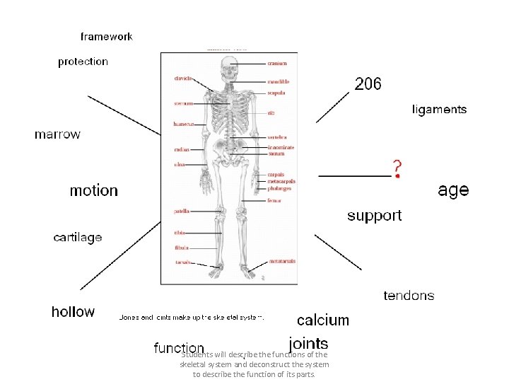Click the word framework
(106, 36)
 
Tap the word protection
(83, 62)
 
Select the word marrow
(57, 134)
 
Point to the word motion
(93, 190)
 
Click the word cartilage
(78, 238)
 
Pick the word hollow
(73, 312)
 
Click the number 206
(368, 84)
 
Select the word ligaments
(439, 110)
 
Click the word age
(453, 190)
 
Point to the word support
(374, 216)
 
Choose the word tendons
(409, 296)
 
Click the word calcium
(323, 320)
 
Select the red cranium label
(277, 64)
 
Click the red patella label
(181, 212)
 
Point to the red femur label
(274, 200)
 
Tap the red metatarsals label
(281, 262)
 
